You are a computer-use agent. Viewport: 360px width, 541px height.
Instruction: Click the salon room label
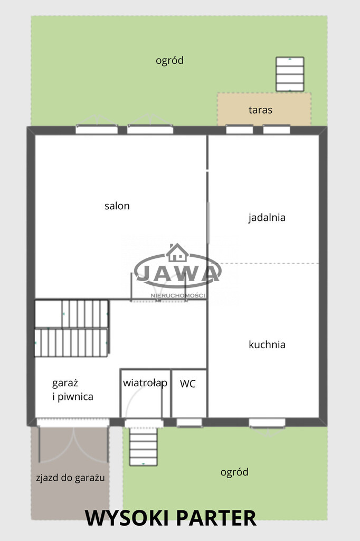[117, 206]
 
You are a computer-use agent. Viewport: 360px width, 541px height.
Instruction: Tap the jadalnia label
[267, 218]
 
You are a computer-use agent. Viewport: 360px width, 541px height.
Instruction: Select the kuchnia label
[267, 344]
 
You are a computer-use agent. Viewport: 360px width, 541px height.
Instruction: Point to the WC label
[187, 384]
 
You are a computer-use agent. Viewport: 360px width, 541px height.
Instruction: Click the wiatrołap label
[145, 383]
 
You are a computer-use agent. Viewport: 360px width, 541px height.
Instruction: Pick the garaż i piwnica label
[73, 390]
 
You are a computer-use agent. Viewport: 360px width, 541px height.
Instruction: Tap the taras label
[260, 110]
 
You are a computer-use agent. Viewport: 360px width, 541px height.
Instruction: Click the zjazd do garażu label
[70, 478]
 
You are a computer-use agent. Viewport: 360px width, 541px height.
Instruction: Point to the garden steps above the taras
[290, 74]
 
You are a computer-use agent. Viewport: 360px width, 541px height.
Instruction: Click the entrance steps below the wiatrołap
[144, 446]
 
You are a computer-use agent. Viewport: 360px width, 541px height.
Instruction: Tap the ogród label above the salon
[169, 61]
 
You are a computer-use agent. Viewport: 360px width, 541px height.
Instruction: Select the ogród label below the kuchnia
[234, 472]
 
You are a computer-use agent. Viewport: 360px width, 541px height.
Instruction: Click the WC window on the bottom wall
[190, 422]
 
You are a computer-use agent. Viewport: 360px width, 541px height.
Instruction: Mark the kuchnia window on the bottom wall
[267, 423]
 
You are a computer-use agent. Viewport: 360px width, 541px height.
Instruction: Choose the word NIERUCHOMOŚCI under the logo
[178, 296]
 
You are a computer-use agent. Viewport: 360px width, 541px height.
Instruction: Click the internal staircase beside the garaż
[71, 328]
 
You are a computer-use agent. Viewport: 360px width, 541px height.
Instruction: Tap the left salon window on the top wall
[97, 129]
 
